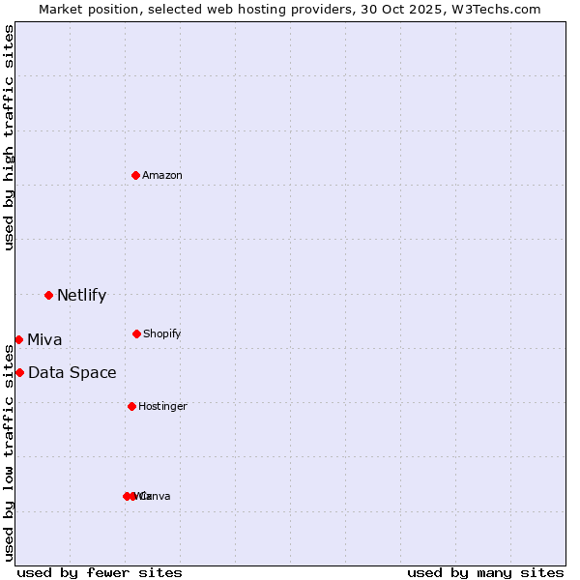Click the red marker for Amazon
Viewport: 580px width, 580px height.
(135, 175)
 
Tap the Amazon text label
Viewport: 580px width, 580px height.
(162, 176)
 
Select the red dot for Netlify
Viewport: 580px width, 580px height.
(48, 295)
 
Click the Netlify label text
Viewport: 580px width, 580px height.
(81, 296)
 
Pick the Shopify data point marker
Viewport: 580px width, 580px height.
(136, 333)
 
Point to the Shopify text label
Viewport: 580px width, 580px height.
(162, 334)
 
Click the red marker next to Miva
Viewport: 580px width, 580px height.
(18, 339)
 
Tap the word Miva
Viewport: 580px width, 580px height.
(44, 340)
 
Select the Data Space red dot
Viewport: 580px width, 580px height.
(19, 372)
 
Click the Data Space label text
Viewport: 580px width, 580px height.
(72, 373)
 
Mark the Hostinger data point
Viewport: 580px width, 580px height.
(131, 406)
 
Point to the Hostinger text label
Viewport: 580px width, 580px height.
(162, 407)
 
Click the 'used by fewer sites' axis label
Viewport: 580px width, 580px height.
(100, 573)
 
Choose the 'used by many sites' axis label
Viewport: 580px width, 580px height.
(485, 573)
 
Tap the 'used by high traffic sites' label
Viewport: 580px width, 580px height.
(10, 137)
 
